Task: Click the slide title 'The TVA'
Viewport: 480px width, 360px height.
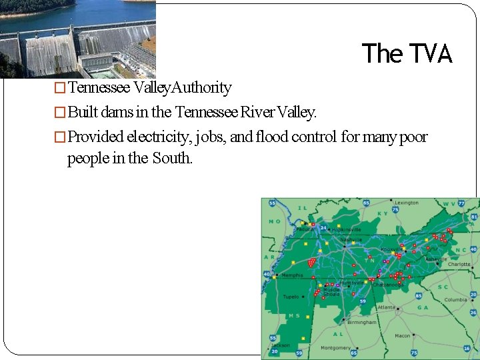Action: click(407, 53)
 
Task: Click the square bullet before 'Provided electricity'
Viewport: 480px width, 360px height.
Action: click(60, 137)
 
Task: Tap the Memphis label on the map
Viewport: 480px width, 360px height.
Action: click(292, 275)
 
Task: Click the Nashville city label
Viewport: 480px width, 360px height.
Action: click(351, 239)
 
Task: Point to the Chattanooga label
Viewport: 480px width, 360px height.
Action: click(387, 285)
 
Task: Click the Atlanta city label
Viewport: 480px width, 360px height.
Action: click(385, 307)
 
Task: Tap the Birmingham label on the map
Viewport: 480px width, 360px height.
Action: click(362, 322)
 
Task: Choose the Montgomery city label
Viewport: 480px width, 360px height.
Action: click(335, 347)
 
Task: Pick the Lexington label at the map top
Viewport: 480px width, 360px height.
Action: click(407, 203)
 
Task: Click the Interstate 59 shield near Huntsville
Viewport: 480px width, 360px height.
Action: click(363, 301)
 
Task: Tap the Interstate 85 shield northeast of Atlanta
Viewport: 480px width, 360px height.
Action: click(419, 295)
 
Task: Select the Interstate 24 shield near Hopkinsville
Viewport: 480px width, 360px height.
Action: click(323, 227)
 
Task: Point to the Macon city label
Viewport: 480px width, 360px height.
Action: click(402, 335)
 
